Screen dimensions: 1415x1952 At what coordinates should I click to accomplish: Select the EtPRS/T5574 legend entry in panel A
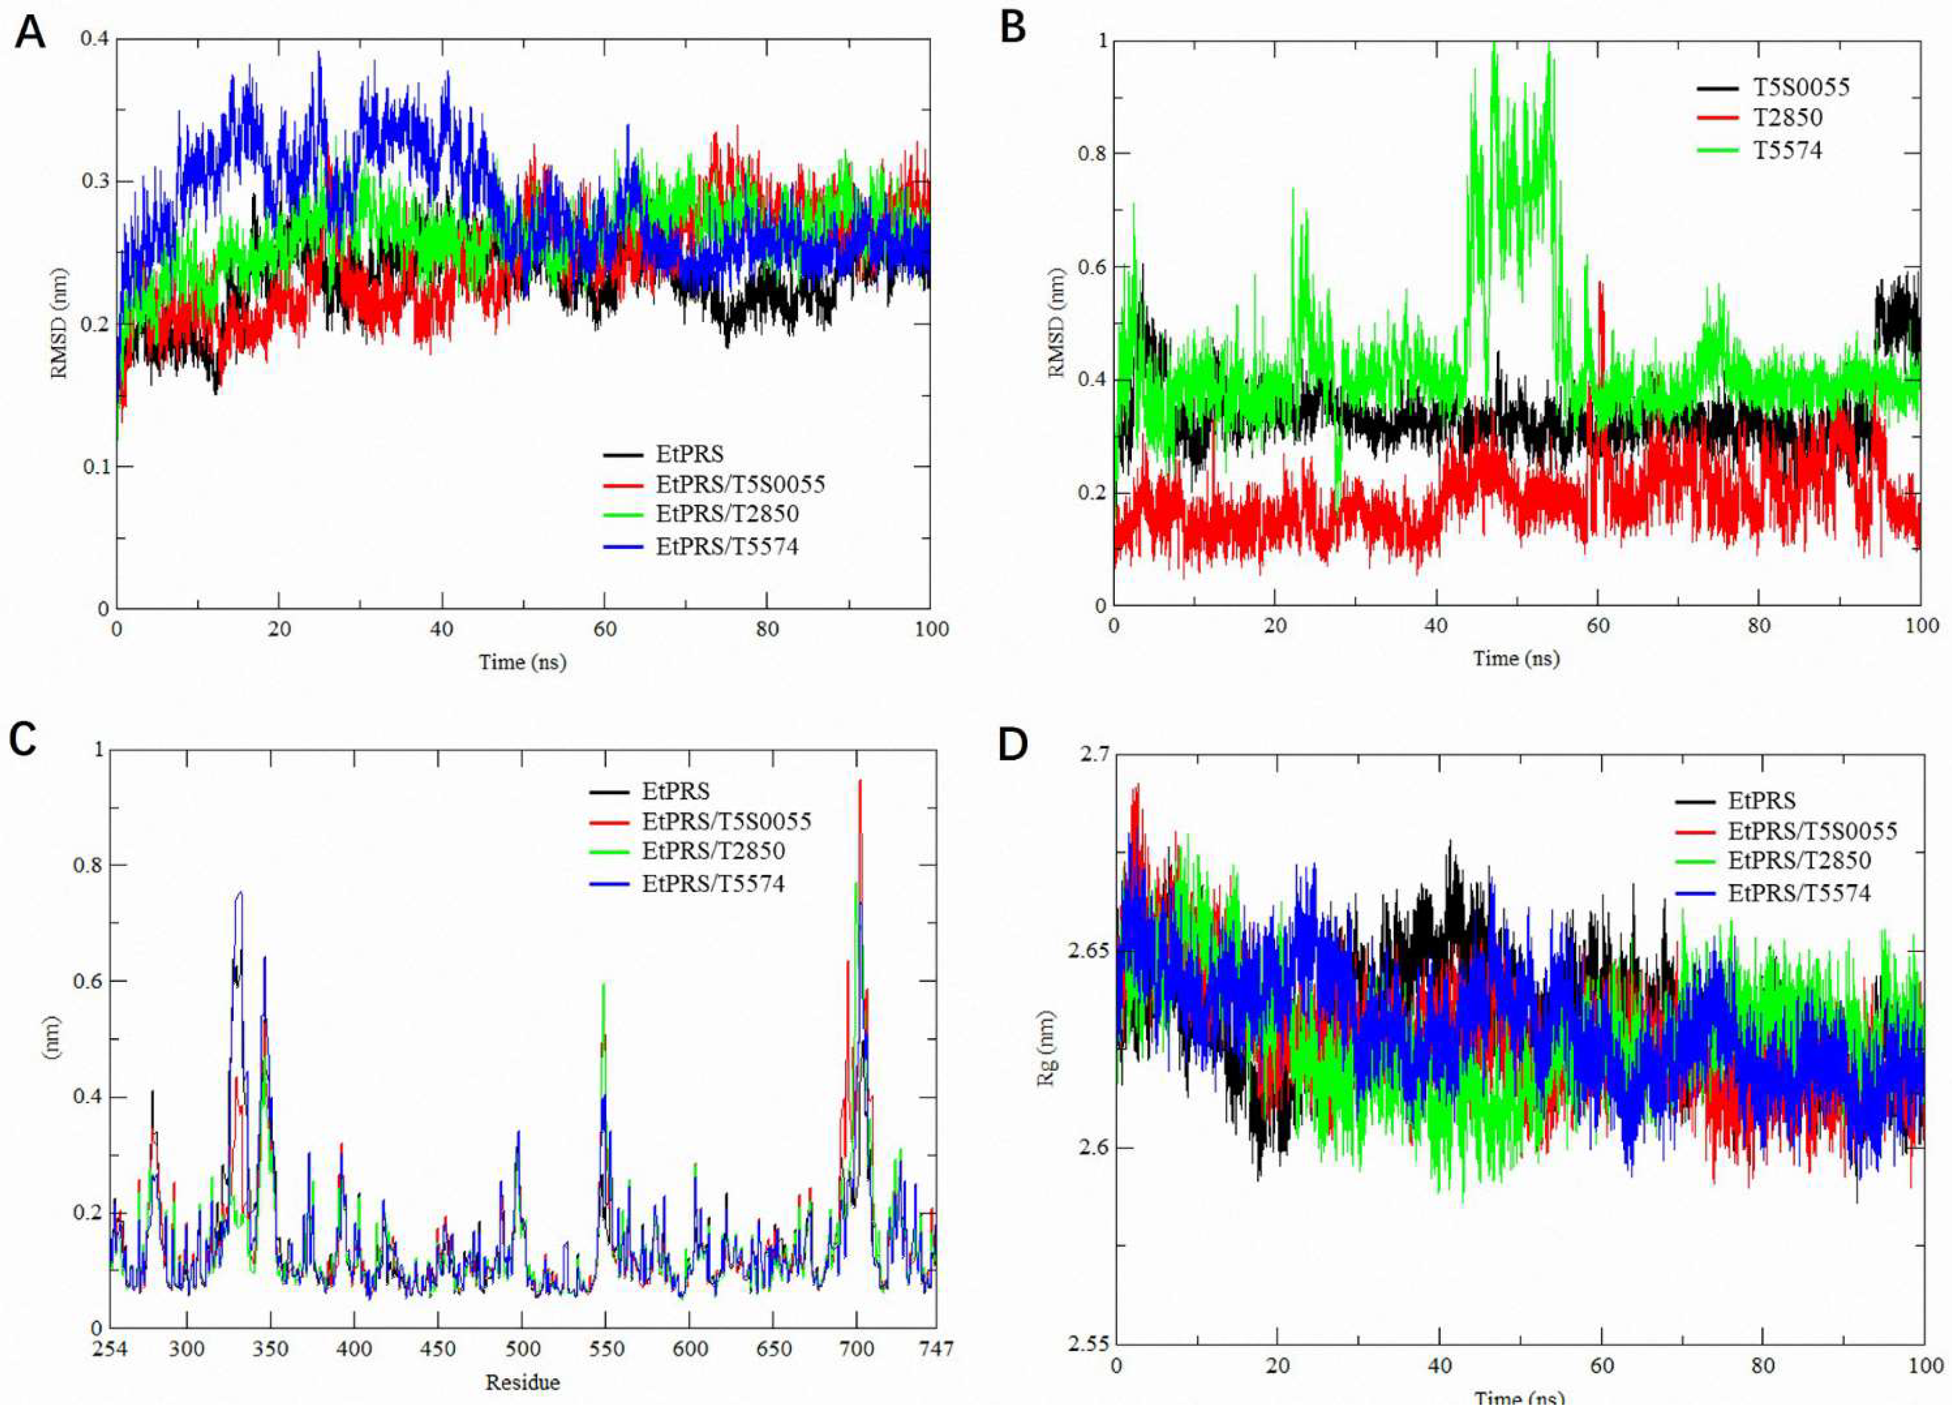coord(726,546)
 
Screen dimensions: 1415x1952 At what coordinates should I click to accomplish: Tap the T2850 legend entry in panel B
coord(1788,118)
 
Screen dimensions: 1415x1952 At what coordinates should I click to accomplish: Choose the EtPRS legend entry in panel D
coord(1762,800)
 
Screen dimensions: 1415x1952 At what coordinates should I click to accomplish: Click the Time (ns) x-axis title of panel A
coord(522,661)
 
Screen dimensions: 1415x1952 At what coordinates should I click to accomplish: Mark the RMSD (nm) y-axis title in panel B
coord(1057,323)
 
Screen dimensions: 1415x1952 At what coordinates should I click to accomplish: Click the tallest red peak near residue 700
coord(859,782)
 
